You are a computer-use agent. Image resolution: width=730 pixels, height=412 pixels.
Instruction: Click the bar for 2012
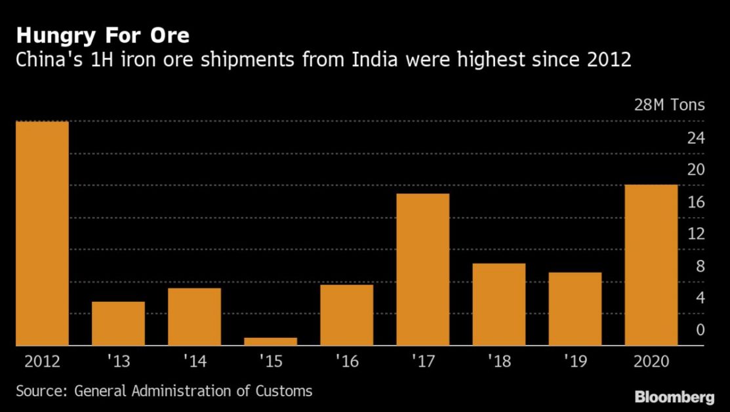coord(43,234)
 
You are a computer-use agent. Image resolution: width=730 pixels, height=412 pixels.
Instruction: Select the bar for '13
coord(118,323)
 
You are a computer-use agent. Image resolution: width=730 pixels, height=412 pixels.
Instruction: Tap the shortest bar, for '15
coord(270,342)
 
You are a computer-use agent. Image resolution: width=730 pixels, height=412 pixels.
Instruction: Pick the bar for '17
coord(423,270)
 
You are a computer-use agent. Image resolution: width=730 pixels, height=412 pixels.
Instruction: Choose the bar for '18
coord(499,304)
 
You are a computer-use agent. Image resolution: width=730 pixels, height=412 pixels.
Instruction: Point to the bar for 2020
coord(651,265)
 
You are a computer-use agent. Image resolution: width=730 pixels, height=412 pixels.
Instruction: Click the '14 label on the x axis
coord(195,361)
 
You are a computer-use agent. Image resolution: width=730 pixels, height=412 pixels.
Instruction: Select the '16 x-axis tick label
coord(347,361)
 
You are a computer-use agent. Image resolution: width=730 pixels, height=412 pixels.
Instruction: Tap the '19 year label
coord(575,361)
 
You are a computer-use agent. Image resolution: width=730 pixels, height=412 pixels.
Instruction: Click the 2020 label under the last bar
coord(651,361)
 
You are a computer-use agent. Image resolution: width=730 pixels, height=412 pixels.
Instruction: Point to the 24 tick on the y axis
coord(696,138)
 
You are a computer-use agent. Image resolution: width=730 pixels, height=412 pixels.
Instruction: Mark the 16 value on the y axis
coord(696,202)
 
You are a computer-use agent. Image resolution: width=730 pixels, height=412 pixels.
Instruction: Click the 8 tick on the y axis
coord(700,266)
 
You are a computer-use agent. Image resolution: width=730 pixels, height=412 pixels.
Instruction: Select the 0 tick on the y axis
coord(700,330)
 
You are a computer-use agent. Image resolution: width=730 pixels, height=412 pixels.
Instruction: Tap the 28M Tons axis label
coord(670,105)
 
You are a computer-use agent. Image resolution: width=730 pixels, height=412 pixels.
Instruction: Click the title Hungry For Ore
coord(103,36)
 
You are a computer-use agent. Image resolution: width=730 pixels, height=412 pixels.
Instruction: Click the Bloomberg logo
coord(675,397)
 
